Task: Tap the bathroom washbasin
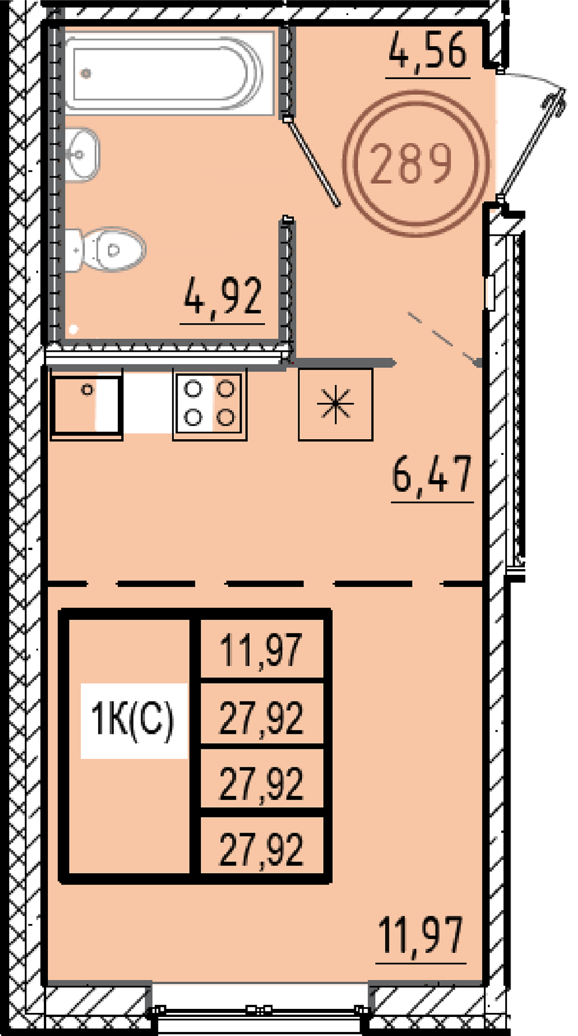[x=81, y=154]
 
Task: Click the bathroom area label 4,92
[x=223, y=298]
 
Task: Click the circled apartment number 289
[x=415, y=164]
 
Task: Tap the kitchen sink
[x=87, y=404]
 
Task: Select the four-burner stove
[x=210, y=404]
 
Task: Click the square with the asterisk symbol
[x=335, y=404]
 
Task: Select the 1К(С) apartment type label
[x=133, y=720]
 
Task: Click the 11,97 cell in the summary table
[x=262, y=650]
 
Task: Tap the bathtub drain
[x=86, y=73]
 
